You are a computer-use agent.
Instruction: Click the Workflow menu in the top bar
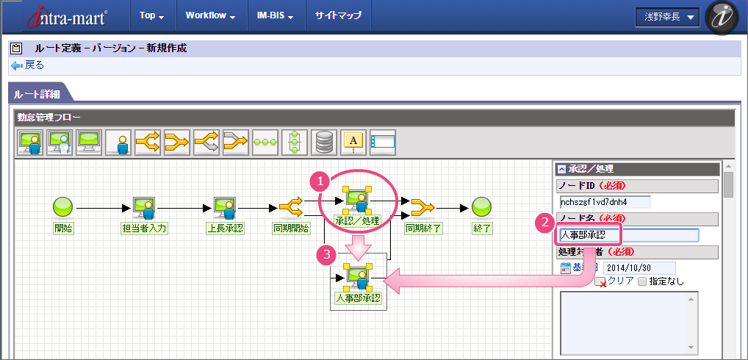tap(209, 15)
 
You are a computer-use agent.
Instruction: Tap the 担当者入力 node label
tap(144, 228)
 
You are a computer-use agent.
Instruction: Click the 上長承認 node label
tap(225, 228)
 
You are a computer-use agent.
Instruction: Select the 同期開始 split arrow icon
tap(291, 206)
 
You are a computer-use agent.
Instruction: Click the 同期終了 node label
tap(423, 228)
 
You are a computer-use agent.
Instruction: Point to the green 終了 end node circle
tap(482, 206)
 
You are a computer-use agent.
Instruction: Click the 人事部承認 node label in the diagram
tap(358, 298)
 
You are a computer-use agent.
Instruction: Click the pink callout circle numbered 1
tap(318, 179)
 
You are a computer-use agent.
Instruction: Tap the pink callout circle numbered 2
tap(544, 220)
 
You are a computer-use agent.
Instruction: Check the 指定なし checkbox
tap(642, 281)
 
